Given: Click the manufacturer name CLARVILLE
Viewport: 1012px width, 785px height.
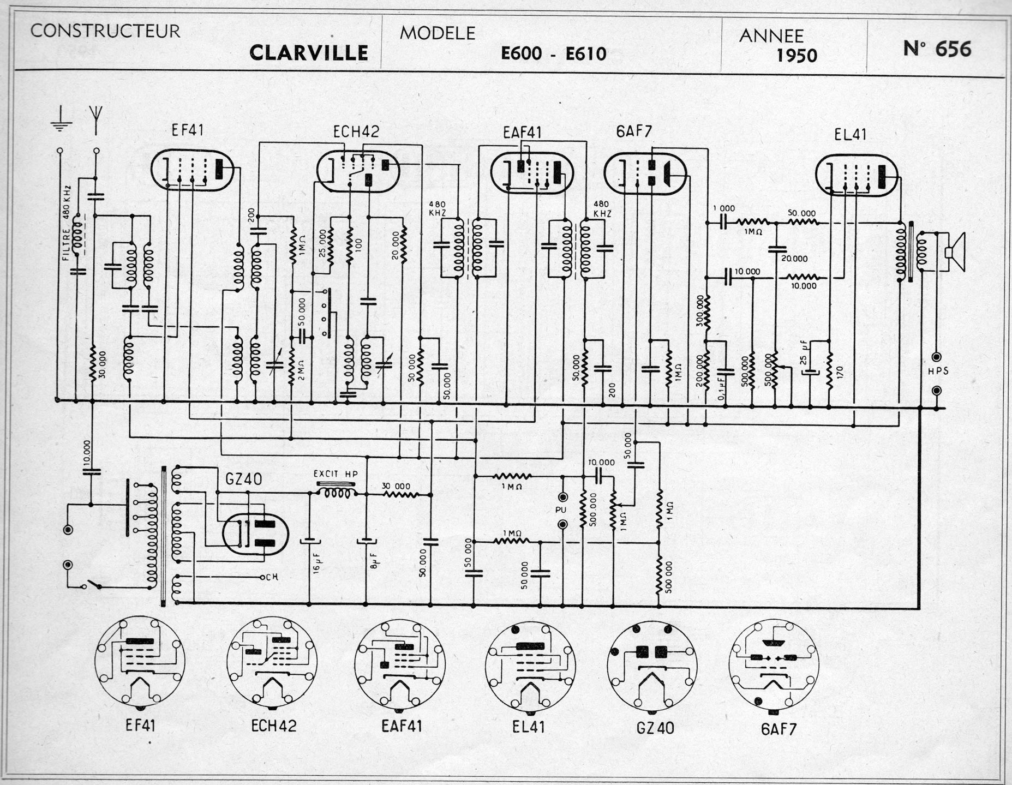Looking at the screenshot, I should (x=308, y=53).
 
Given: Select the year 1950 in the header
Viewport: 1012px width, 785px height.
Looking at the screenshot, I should (x=797, y=56).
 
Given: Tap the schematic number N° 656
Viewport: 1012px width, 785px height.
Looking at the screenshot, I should (x=937, y=49).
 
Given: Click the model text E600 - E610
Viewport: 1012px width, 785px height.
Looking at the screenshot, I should (x=554, y=53).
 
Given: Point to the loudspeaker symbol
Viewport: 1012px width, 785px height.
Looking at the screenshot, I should (x=954, y=251).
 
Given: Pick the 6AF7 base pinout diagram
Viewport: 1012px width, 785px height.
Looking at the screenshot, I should (x=773, y=663).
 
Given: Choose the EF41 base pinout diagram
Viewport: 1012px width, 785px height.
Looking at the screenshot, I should (x=140, y=660).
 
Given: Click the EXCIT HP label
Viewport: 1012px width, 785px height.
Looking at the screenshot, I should (x=336, y=474).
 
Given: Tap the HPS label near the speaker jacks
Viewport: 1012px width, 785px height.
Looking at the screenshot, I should (x=937, y=371).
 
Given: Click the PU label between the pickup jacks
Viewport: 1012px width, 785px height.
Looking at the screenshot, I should (x=561, y=511).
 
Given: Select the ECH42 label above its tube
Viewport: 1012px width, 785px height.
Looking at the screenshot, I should (x=356, y=132).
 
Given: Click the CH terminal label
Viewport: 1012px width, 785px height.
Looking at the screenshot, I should (x=272, y=577).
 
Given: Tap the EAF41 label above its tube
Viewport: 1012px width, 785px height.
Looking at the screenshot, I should (x=523, y=133).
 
